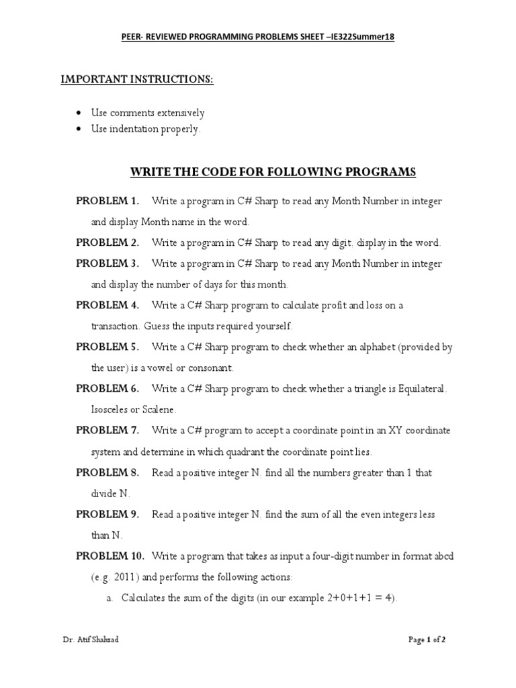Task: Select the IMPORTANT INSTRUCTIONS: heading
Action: coord(137,79)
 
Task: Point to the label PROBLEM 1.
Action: coord(107,201)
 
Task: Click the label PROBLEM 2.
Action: coord(107,243)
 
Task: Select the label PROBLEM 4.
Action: coord(107,305)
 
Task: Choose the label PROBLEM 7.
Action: coord(107,430)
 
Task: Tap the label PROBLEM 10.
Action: coord(110,556)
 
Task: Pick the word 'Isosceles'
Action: coord(112,409)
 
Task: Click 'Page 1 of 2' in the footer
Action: coord(427,640)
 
